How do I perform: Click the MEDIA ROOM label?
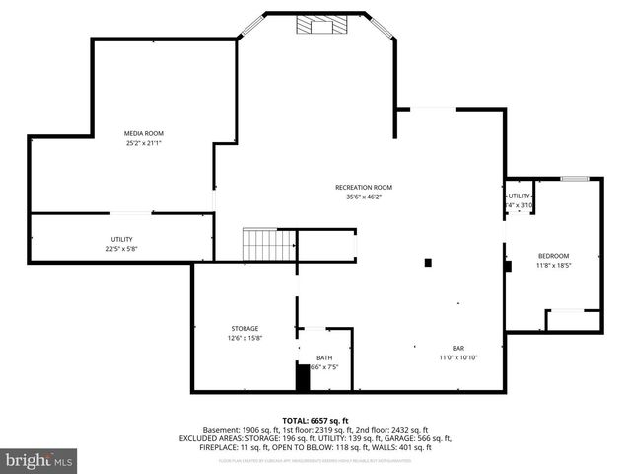(x=143, y=133)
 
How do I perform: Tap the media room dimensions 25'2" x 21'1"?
(x=143, y=143)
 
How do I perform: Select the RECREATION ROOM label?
(x=363, y=187)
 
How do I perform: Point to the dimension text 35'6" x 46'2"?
(x=363, y=197)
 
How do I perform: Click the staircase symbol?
(x=269, y=245)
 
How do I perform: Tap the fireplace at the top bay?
(x=319, y=25)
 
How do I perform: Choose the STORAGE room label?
(x=245, y=328)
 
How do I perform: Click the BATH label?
(x=324, y=357)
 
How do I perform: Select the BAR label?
(x=458, y=348)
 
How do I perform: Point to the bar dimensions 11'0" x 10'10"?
(x=458, y=357)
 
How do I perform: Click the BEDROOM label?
(x=554, y=255)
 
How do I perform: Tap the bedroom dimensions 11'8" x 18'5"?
(x=554, y=265)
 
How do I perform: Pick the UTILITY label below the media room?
(x=121, y=239)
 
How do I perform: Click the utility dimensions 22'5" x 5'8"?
(x=121, y=249)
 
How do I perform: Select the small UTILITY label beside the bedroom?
(x=519, y=196)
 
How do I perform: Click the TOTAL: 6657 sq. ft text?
(x=315, y=420)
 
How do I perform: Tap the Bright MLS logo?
(x=39, y=460)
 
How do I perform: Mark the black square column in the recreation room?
(x=428, y=263)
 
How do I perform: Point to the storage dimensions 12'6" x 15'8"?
(x=245, y=338)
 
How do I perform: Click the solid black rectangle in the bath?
(x=303, y=377)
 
